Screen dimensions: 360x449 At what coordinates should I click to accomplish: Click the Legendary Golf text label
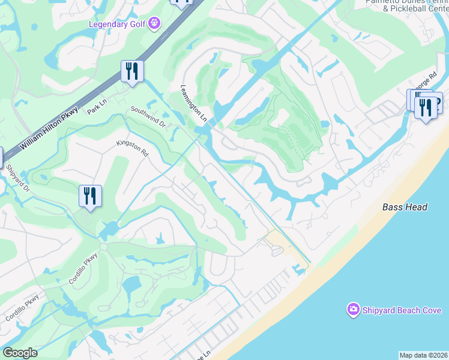pyautogui.click(x=118, y=24)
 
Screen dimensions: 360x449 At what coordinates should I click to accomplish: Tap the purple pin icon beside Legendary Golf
pyautogui.click(x=155, y=23)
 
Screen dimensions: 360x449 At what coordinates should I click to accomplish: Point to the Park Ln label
pyautogui.click(x=96, y=107)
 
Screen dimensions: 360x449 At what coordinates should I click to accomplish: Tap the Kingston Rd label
pyautogui.click(x=132, y=148)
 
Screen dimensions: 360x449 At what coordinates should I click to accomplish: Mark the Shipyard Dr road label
pyautogui.click(x=19, y=178)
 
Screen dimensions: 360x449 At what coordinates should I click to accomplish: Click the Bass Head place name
pyautogui.click(x=405, y=207)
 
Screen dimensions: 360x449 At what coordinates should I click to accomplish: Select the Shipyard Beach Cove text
pyautogui.click(x=402, y=310)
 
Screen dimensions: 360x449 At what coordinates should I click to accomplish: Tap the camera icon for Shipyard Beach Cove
pyautogui.click(x=353, y=310)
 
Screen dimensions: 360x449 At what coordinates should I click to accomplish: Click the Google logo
pyautogui.click(x=20, y=353)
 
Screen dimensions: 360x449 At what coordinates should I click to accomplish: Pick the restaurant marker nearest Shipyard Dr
pyautogui.click(x=90, y=196)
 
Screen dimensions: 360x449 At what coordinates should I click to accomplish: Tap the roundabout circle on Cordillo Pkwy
pyautogui.click(x=103, y=247)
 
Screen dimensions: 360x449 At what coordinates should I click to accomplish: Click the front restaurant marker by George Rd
pyautogui.click(x=426, y=108)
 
